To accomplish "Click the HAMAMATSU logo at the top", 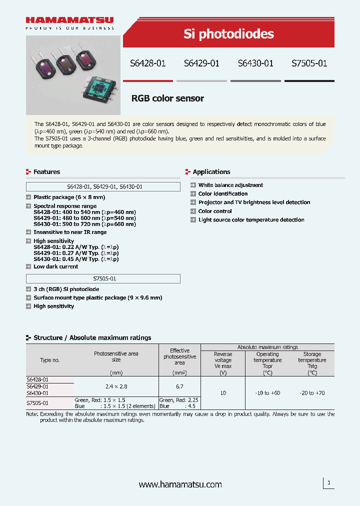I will (x=69, y=20).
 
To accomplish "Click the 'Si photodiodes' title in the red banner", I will (x=228, y=33).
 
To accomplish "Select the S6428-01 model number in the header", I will (x=147, y=63).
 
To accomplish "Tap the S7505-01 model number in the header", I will (x=309, y=63).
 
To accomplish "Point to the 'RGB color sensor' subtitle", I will (x=167, y=98).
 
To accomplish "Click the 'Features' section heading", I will (x=46, y=171).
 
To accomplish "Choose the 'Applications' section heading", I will (x=211, y=171).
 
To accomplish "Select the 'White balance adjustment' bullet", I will (x=230, y=185).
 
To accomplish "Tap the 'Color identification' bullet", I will (x=223, y=193).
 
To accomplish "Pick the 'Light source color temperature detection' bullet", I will (x=251, y=220).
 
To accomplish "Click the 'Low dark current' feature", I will (x=55, y=266).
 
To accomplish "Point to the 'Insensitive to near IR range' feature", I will (x=70, y=232).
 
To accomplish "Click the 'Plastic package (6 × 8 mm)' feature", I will (x=69, y=197).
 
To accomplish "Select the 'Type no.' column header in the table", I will (x=49, y=360).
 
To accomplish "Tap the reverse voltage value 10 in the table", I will (x=223, y=393).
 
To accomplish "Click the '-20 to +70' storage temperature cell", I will (x=312, y=393).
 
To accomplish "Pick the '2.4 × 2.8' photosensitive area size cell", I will (x=116, y=386).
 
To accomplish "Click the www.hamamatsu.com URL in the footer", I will (x=180, y=484).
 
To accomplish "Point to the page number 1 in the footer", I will (x=328, y=483).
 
